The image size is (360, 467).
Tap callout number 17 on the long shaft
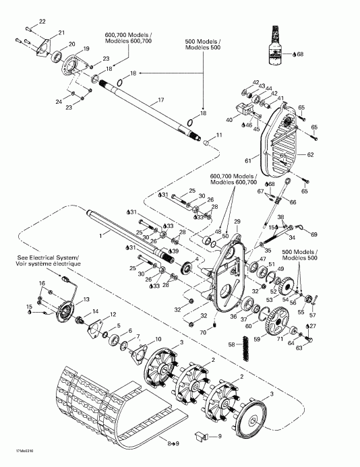(x=161, y=100)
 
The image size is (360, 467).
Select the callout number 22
(x=42, y=22)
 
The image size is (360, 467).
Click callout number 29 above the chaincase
(x=237, y=222)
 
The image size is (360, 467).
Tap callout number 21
(x=61, y=33)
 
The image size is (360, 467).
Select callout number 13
(x=85, y=299)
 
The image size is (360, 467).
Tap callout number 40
(x=229, y=120)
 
